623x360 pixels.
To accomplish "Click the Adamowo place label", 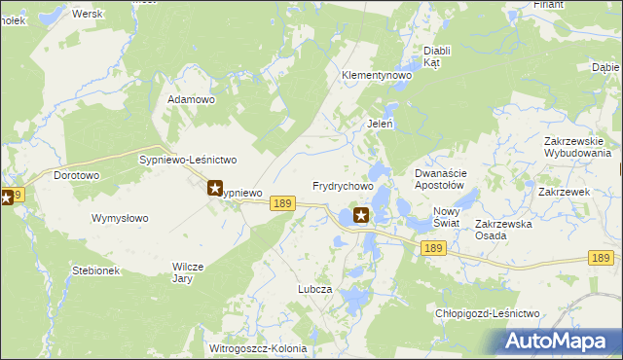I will click(191, 99).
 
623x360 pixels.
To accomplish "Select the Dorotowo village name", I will click(77, 176).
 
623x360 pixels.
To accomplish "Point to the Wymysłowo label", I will click(120, 218).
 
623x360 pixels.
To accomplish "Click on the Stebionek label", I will click(95, 270).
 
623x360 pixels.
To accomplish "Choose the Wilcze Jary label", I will click(189, 271).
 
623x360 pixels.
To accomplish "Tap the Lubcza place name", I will click(315, 290).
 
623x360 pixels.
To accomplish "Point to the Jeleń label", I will click(380, 124).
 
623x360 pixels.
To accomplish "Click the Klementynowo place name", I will click(377, 75).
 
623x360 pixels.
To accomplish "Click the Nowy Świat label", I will click(446, 217).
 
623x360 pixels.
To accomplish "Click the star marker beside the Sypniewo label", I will click(215, 188).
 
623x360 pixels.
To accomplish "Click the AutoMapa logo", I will click(558, 342).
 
